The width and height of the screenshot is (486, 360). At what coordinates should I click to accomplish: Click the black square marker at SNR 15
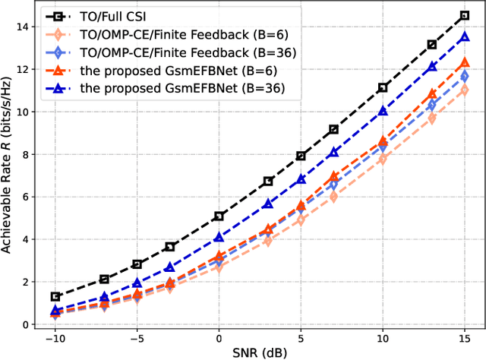pyautogui.click(x=465, y=16)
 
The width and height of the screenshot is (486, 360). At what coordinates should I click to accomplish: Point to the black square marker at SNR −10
pyautogui.click(x=55, y=296)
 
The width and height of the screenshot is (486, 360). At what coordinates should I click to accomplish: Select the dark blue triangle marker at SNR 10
pyautogui.click(x=383, y=111)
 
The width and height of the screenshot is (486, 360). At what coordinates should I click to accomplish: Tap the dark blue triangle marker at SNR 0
pyautogui.click(x=219, y=238)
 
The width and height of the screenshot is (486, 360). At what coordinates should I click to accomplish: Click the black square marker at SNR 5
pyautogui.click(x=301, y=156)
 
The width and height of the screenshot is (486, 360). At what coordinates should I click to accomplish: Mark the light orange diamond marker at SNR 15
pyautogui.click(x=465, y=90)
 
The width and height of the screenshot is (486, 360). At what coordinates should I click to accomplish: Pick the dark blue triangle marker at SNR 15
pyautogui.click(x=465, y=37)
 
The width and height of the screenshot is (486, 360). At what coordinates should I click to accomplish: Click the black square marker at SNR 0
pyautogui.click(x=219, y=216)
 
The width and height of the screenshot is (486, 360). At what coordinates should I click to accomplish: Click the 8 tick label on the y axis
pyautogui.click(x=25, y=154)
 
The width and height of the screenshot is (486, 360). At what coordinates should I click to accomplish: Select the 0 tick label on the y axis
pyautogui.click(x=25, y=324)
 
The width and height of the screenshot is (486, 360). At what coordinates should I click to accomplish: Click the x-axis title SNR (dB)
pyautogui.click(x=260, y=352)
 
